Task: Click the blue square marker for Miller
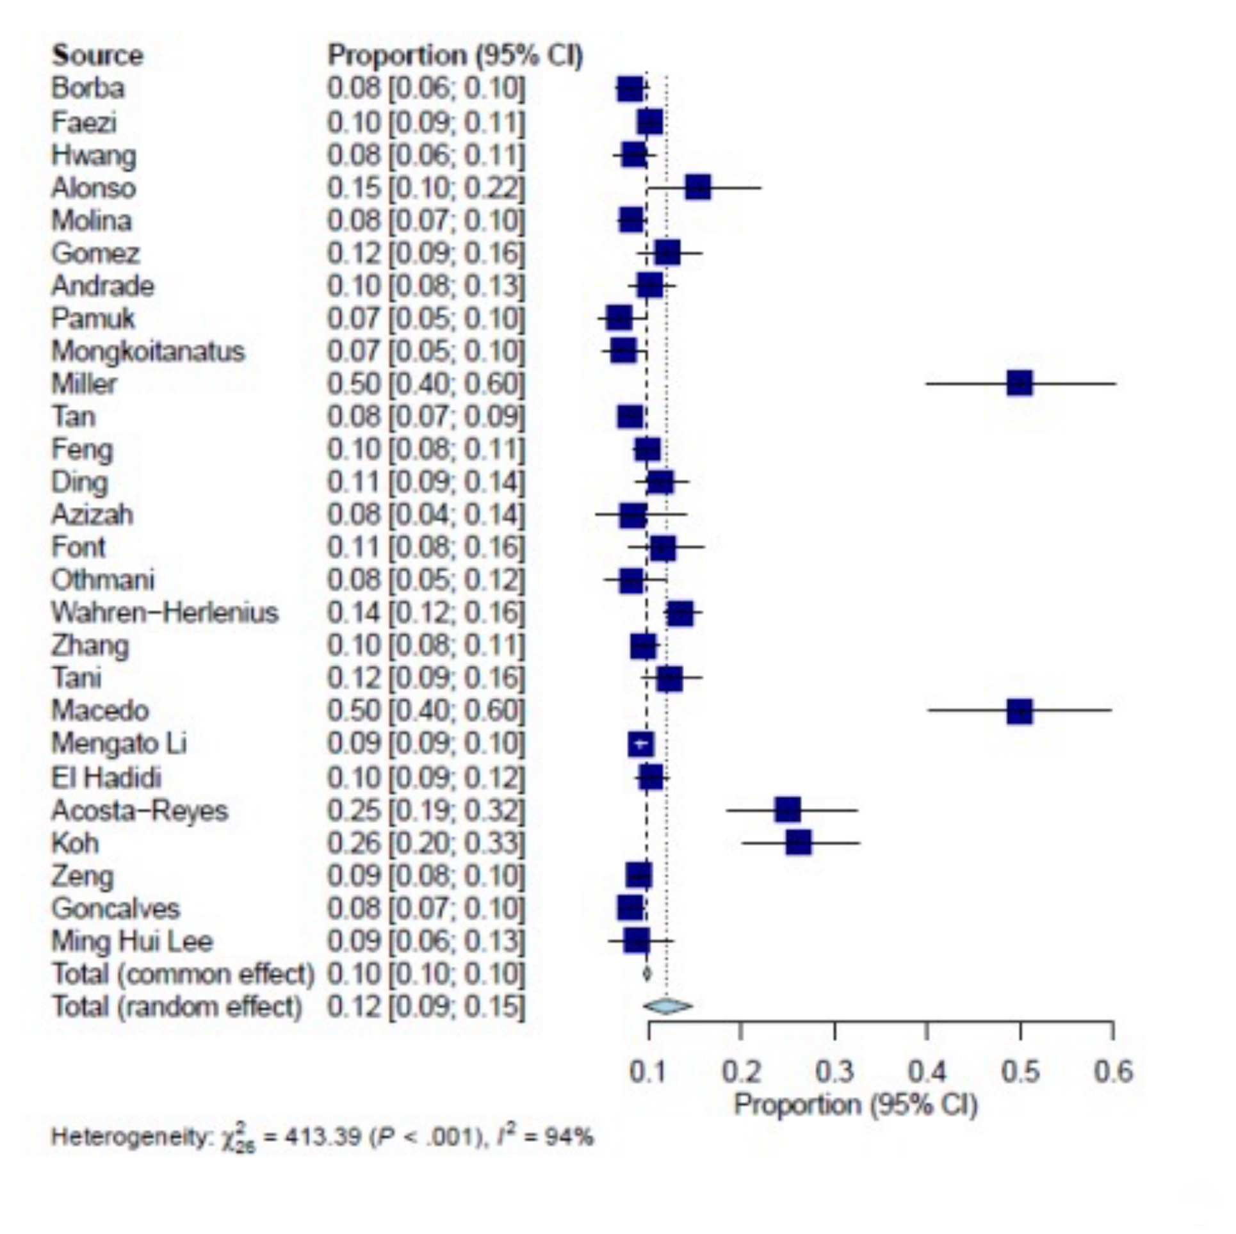tap(1020, 384)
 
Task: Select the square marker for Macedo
tap(1020, 711)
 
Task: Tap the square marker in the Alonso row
tap(698, 188)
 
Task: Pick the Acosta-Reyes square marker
tap(788, 809)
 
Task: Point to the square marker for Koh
tap(799, 842)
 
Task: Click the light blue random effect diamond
tap(667, 1006)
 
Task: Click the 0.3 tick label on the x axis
tap(834, 1071)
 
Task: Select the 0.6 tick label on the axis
tap(1113, 1071)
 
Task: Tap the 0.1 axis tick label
tap(647, 1071)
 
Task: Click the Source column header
tap(97, 56)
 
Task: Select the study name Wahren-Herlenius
tap(165, 613)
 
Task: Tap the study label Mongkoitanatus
tap(148, 351)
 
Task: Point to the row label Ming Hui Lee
tap(132, 941)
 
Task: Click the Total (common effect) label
tap(183, 973)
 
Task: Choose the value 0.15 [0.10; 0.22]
tap(426, 188)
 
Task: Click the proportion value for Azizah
tap(426, 514)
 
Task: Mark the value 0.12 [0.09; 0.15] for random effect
tap(426, 1007)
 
